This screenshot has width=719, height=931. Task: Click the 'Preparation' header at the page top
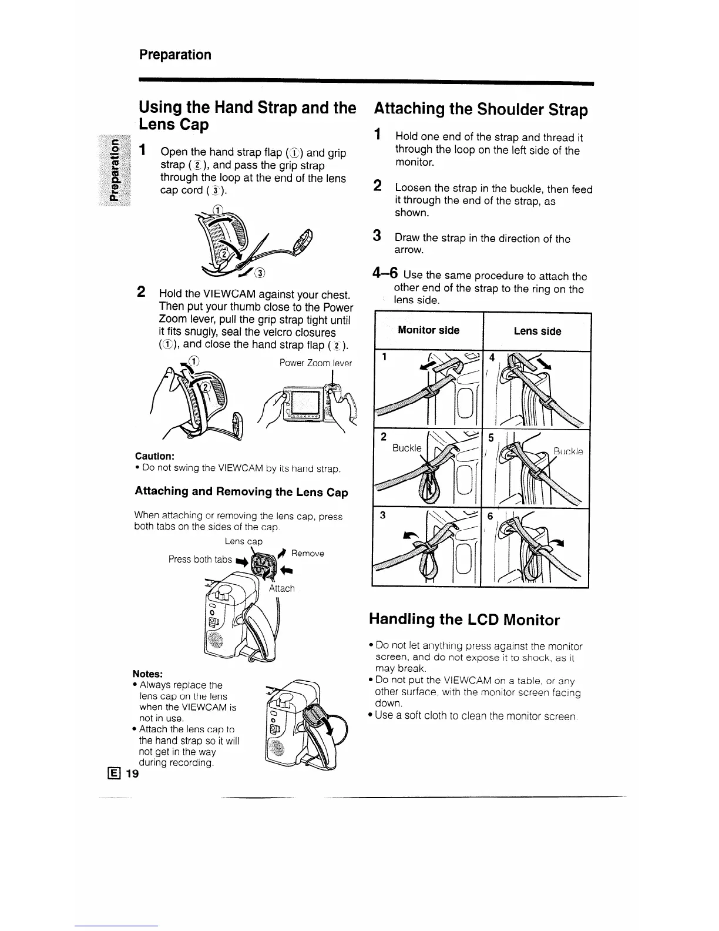[x=175, y=55]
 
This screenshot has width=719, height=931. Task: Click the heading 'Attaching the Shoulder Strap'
[x=481, y=110]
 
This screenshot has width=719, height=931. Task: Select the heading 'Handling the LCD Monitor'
[x=464, y=620]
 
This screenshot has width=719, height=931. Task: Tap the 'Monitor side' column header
[x=428, y=330]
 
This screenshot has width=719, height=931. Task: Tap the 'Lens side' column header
[x=537, y=331]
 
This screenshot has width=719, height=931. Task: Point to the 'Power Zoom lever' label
[x=315, y=363]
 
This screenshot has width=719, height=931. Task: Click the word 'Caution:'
[x=154, y=456]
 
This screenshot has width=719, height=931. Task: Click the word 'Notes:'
[x=147, y=674]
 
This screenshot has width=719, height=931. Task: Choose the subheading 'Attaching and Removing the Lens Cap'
[x=241, y=492]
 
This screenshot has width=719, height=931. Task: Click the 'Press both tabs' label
[x=200, y=560]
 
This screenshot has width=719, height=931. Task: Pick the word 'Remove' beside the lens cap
[x=307, y=554]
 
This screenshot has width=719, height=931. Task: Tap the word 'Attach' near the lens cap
[x=281, y=588]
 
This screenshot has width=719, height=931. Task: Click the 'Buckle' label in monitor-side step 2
[x=407, y=448]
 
